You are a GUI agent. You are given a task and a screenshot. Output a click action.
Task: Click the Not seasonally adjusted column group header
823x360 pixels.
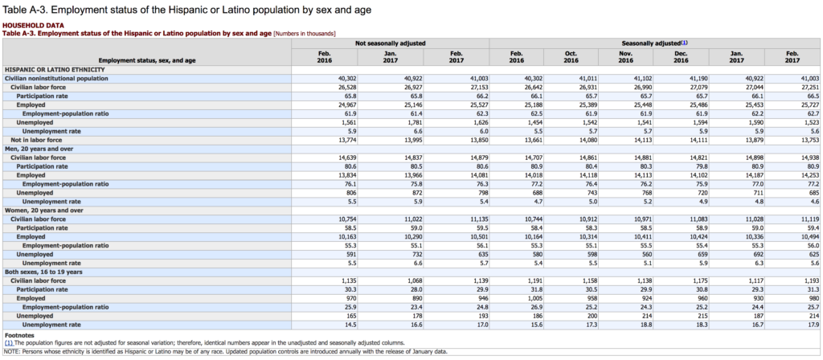pos(391,43)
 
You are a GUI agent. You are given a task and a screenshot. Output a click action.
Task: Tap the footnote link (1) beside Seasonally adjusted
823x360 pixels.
pos(685,43)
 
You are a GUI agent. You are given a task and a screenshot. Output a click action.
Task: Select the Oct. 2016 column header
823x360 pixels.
pos(571,57)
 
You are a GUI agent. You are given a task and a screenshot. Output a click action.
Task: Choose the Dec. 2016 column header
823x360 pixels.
pos(681,57)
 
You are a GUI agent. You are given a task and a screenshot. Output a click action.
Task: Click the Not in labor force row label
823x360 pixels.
pos(36,140)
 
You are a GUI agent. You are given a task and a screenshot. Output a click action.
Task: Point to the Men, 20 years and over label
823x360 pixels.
pos(39,149)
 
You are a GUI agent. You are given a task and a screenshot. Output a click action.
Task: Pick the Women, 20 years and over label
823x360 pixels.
pos(43,211)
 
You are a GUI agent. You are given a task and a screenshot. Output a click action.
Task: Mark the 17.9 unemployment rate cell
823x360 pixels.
pos(813,325)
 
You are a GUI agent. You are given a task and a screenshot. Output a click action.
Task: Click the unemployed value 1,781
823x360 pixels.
pos(414,122)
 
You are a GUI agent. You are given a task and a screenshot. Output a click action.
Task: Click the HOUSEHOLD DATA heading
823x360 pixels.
pos(34,25)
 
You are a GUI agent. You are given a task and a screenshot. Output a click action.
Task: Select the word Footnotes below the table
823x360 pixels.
pos(18,334)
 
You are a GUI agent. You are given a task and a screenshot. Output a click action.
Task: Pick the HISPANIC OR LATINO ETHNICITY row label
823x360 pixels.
pos(55,69)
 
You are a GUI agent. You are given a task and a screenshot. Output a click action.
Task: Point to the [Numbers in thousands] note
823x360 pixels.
pos(305,34)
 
